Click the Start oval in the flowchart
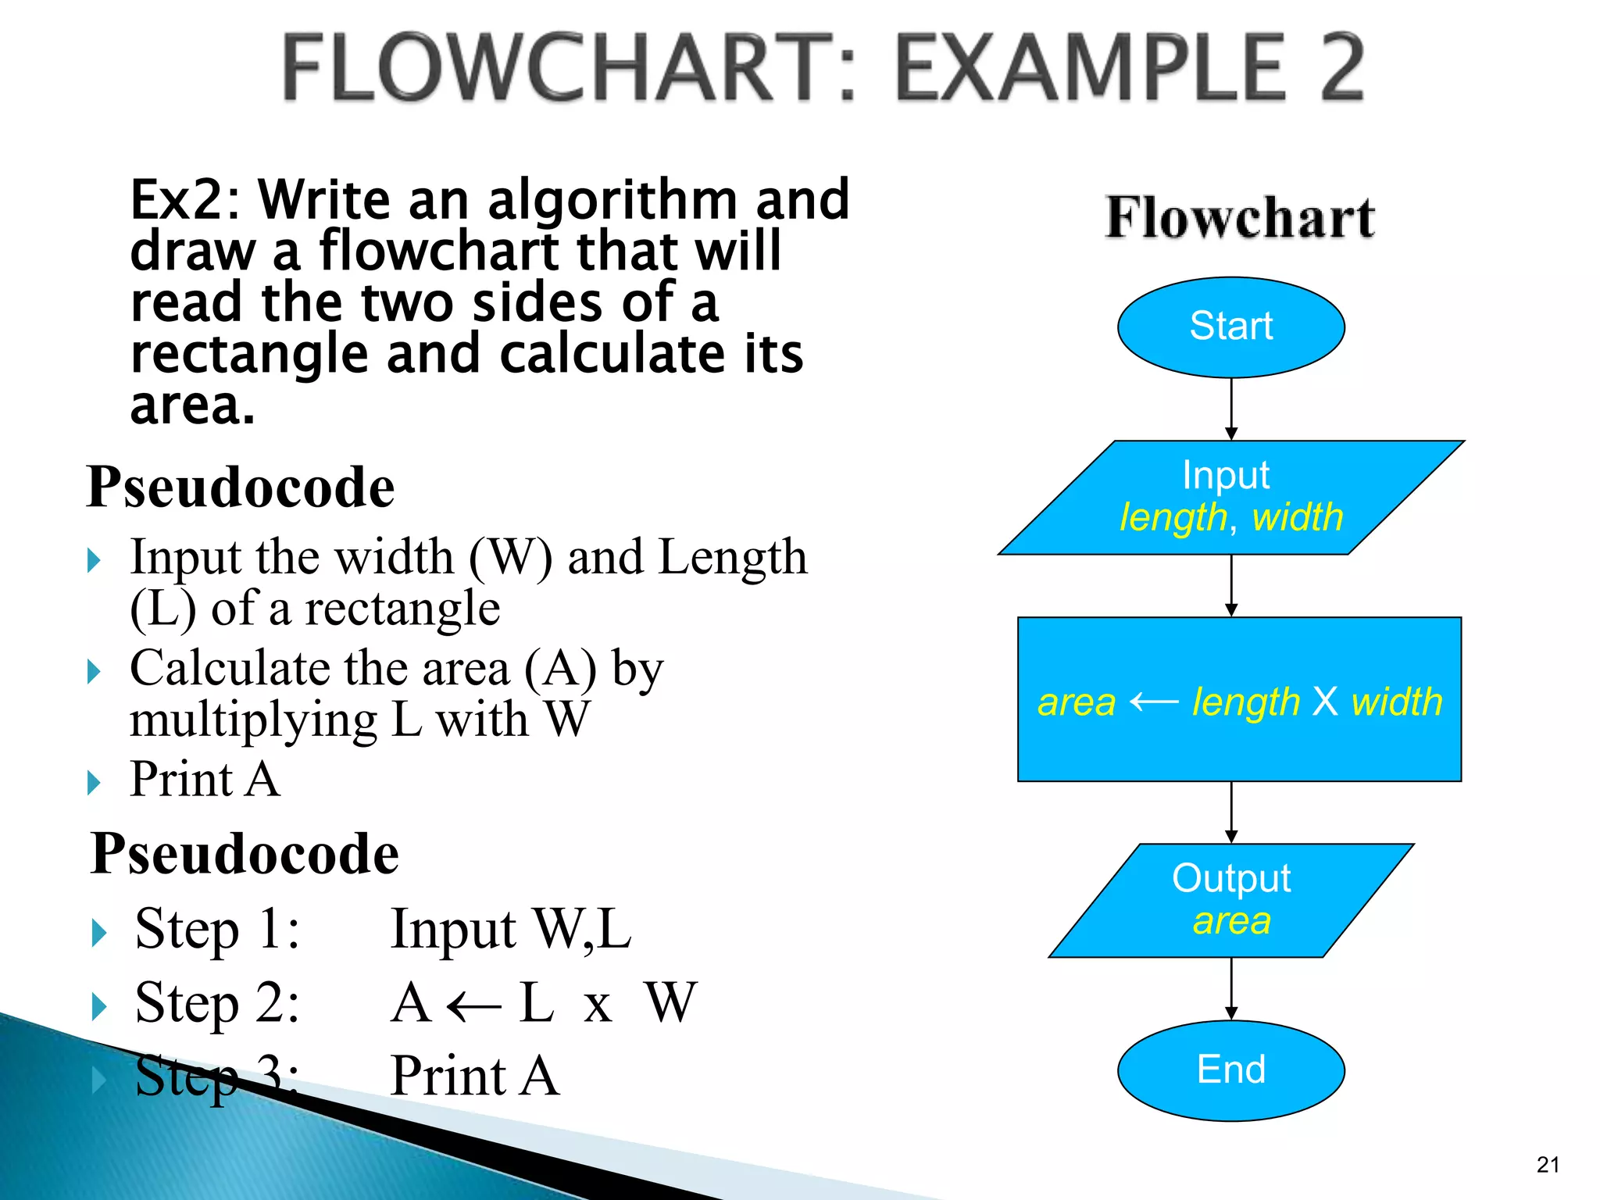(1230, 327)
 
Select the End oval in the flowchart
(1230, 1070)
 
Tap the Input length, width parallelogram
(1230, 498)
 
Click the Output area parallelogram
(1230, 900)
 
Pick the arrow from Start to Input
(1231, 409)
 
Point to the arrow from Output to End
(1231, 988)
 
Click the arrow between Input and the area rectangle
(1231, 585)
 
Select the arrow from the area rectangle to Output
(1231, 812)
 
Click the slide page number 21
(1548, 1165)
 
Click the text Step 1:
(217, 930)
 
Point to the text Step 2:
(217, 1003)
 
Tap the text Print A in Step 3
(474, 1076)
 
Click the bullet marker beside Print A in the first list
(95, 782)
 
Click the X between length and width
(1325, 701)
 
